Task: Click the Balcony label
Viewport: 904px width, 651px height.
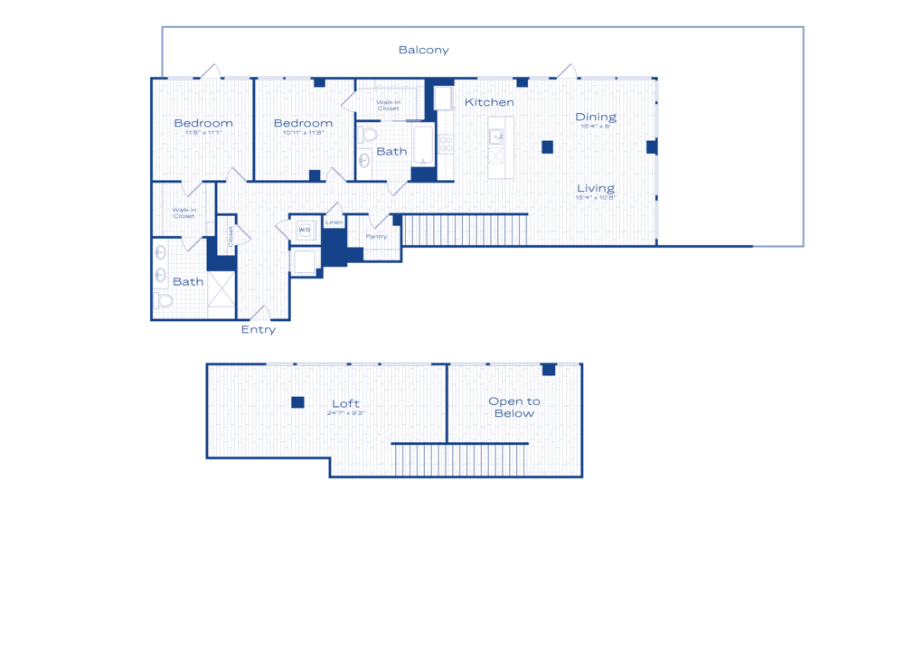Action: coord(423,51)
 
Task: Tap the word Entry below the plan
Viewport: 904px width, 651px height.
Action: coord(258,330)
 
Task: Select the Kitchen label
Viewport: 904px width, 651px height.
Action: coord(489,102)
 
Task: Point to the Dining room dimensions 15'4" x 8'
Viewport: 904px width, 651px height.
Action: coord(596,127)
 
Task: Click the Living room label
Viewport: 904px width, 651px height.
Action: coord(596,188)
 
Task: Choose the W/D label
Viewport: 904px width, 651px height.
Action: coord(305,230)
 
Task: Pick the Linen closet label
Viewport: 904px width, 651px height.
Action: coord(334,222)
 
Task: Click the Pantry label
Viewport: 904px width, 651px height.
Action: coord(376,237)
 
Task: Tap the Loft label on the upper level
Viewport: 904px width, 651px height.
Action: coord(345,403)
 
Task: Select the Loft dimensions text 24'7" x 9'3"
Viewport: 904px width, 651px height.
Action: coord(345,413)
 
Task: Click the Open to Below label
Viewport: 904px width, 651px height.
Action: coord(513,407)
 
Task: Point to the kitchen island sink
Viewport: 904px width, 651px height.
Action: coord(497,137)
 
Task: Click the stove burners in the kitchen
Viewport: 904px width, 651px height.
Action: coord(446,145)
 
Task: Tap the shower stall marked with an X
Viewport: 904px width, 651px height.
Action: coord(221,289)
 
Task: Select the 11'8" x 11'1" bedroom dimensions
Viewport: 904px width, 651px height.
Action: coord(203,133)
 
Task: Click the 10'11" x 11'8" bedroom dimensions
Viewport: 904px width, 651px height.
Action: coord(303,133)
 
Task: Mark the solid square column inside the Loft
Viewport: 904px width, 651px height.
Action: coord(297,402)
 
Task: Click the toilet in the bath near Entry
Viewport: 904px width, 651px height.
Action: coord(164,300)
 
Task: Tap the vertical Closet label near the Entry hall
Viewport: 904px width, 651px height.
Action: coord(231,236)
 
